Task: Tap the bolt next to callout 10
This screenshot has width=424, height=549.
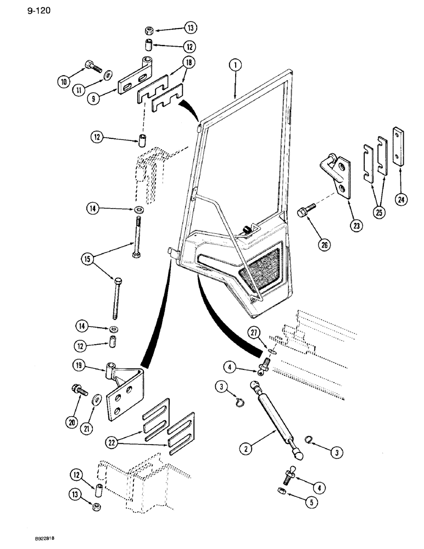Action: pos(93,68)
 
